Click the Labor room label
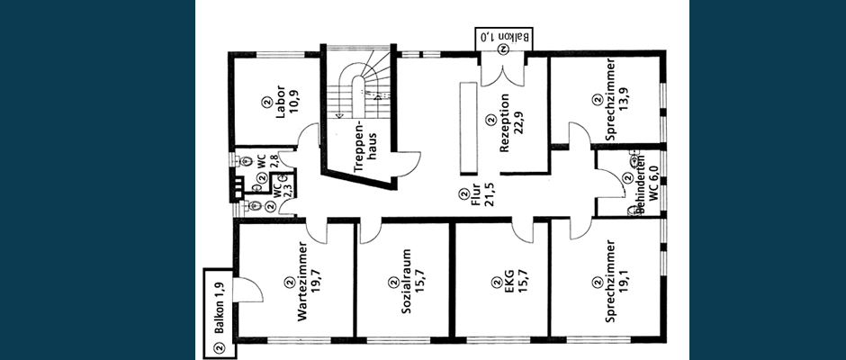click(281, 107)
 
